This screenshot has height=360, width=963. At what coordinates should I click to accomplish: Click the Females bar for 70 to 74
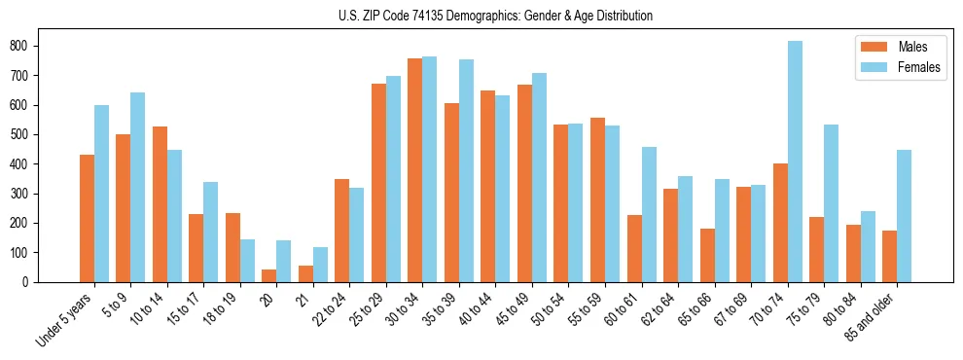(x=795, y=162)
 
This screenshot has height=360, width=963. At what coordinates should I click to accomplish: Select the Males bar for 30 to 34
(x=415, y=170)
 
